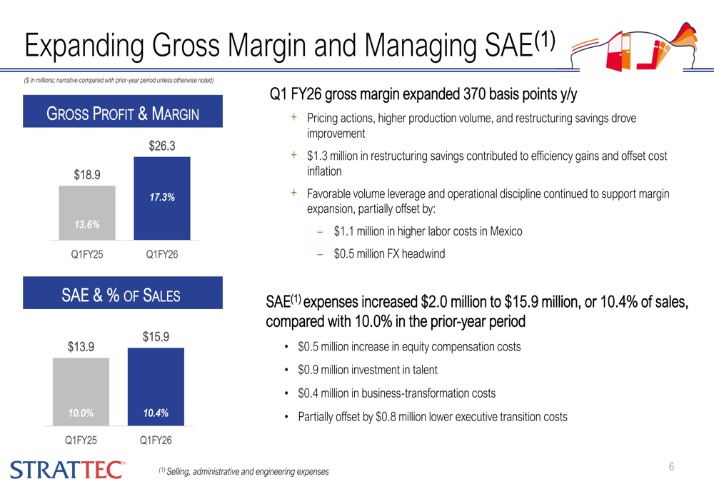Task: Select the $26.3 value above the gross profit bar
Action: (162, 146)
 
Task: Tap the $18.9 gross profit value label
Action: (87, 174)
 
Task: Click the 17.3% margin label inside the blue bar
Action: (162, 197)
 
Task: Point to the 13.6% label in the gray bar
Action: (87, 225)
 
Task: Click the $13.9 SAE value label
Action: (81, 347)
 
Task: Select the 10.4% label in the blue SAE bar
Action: (155, 413)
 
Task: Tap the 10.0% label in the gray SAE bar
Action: (81, 413)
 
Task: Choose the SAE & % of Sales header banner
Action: (123, 295)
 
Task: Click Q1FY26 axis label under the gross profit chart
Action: (162, 254)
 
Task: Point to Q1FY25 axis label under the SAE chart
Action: (81, 440)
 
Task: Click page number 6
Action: (671, 467)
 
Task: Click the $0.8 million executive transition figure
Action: (403, 416)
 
